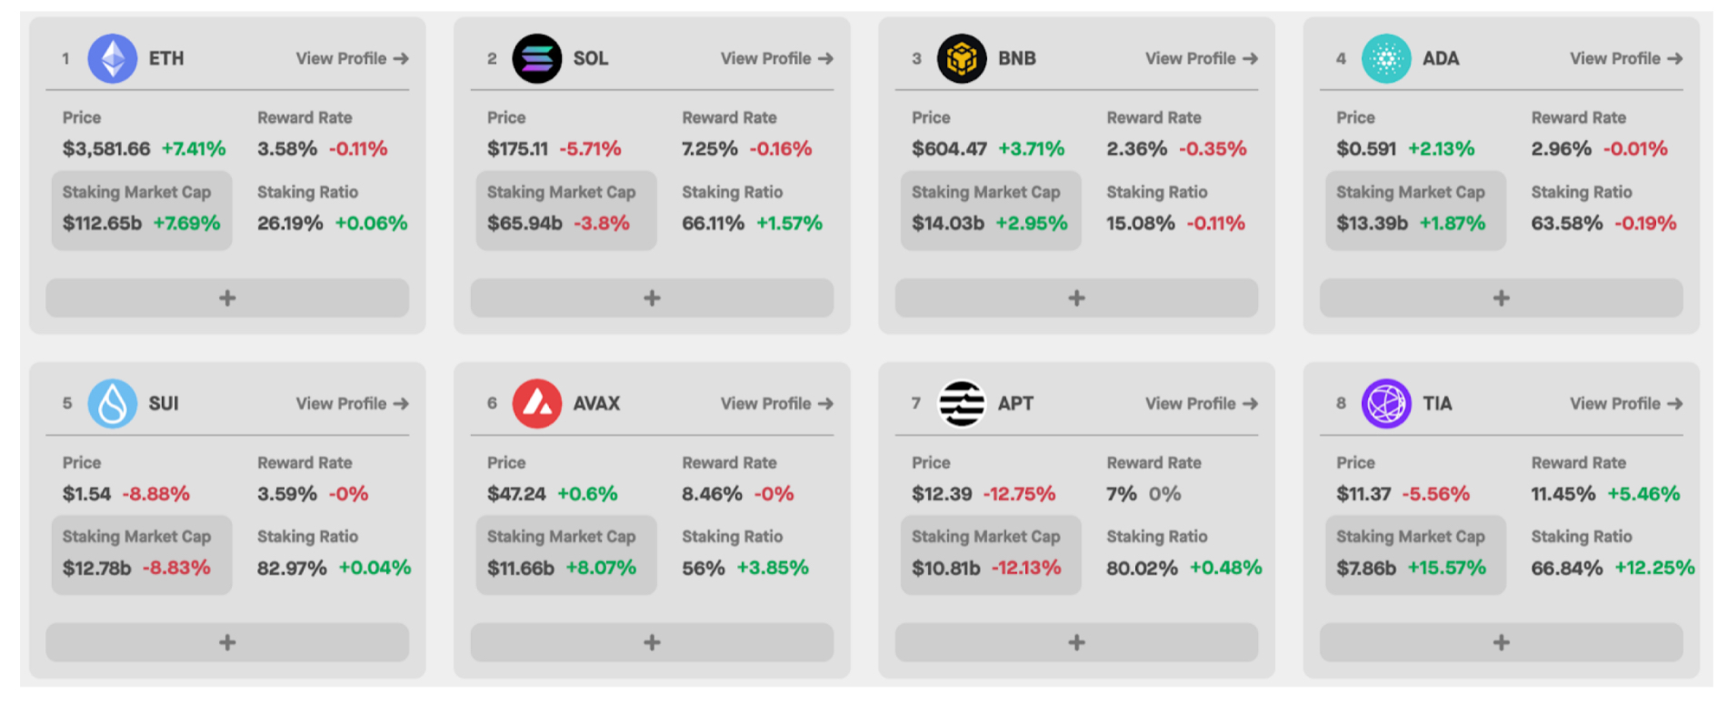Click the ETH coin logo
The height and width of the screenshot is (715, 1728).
(x=113, y=58)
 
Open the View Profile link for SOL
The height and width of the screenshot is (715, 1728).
(x=776, y=58)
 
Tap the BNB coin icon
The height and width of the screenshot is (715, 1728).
(x=962, y=58)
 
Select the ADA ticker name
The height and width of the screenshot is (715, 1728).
(x=1441, y=58)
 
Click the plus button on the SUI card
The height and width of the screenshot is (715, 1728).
(x=227, y=642)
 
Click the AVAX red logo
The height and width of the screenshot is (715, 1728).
(x=537, y=403)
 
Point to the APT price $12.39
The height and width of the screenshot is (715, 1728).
(x=942, y=494)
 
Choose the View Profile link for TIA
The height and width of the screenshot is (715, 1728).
(x=1625, y=403)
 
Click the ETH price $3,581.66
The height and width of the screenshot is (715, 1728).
(x=106, y=148)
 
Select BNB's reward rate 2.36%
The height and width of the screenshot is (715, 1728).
(x=1136, y=148)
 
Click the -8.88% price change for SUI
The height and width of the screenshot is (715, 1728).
(x=156, y=494)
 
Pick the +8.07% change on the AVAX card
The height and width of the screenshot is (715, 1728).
(x=601, y=568)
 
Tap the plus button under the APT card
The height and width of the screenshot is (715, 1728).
(x=1076, y=642)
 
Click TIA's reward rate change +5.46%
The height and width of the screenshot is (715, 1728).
(x=1643, y=494)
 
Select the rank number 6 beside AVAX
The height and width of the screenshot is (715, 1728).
(x=492, y=403)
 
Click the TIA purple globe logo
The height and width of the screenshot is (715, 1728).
(x=1386, y=403)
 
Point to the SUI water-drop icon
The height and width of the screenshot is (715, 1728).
(x=113, y=403)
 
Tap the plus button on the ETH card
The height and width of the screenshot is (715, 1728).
(x=227, y=297)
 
